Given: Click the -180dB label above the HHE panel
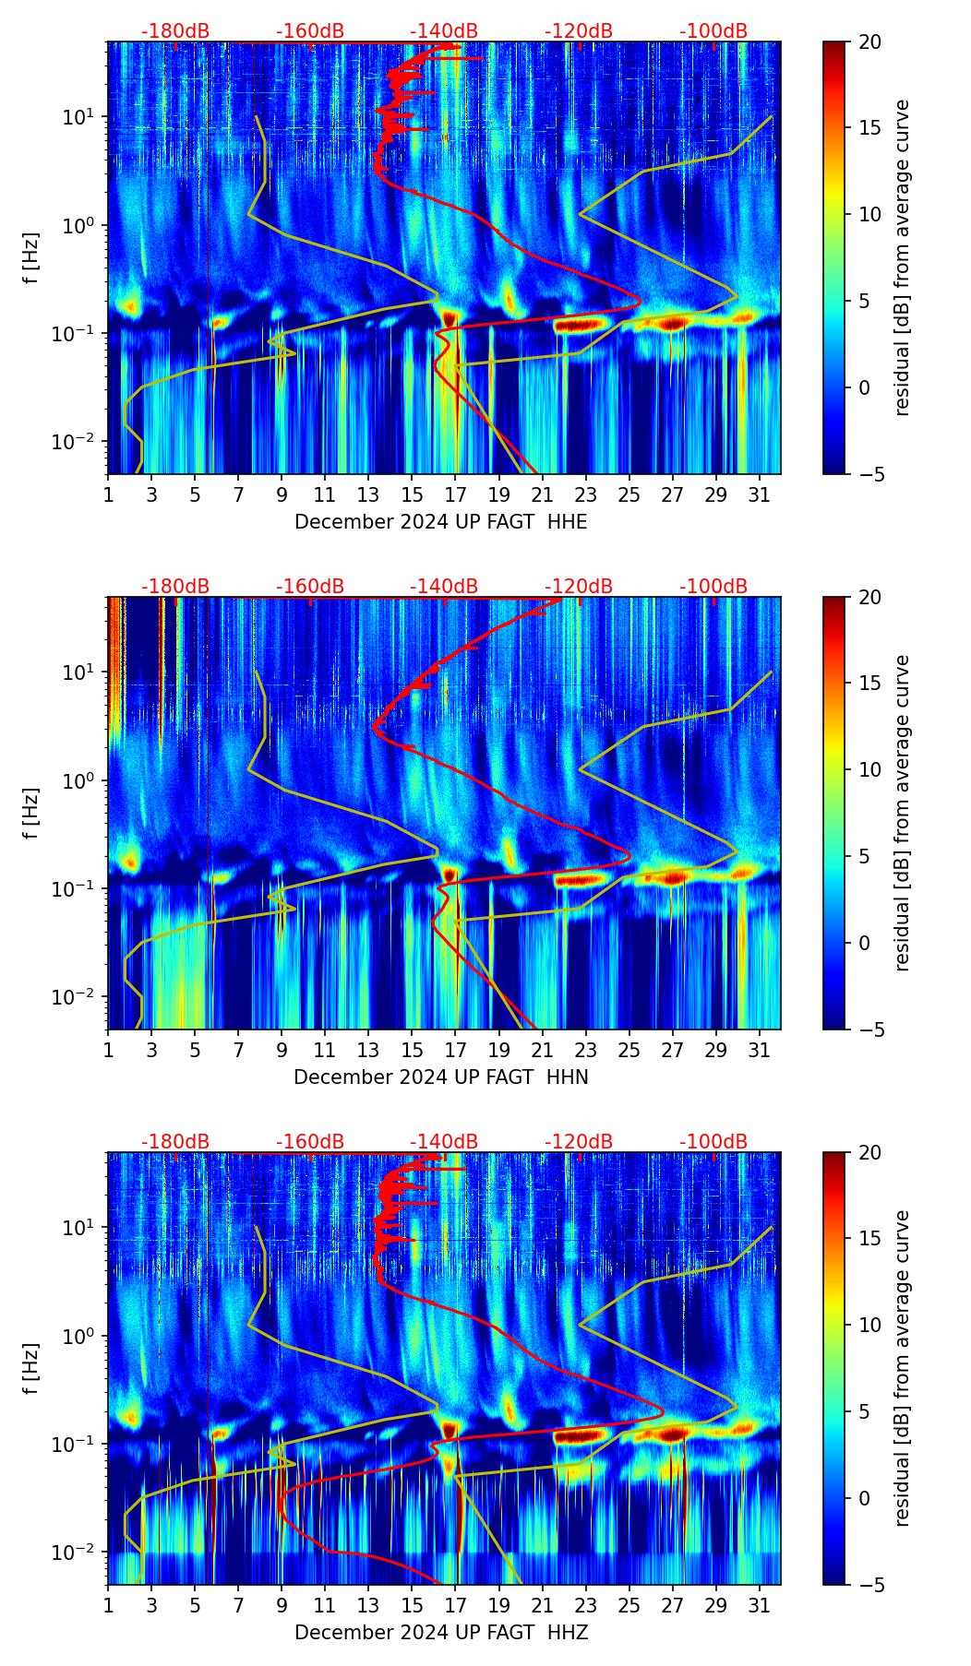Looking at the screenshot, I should click(175, 31).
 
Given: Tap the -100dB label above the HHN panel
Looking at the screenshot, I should click(713, 587).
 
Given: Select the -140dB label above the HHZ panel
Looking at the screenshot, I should click(444, 1142).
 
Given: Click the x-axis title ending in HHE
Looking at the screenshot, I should click(440, 522).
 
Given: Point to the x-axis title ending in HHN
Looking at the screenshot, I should click(440, 1077).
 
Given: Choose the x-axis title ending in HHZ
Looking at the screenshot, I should click(440, 1633).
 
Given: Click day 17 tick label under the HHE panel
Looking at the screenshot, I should click(456, 495).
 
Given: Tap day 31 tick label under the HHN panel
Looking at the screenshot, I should click(760, 1051).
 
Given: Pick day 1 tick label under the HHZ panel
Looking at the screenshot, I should click(109, 1606).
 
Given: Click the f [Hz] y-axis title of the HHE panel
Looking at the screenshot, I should click(32, 258).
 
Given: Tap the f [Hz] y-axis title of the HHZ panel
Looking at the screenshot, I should click(32, 1369).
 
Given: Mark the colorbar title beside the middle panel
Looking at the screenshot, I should click(902, 813).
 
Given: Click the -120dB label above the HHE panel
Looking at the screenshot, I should click(579, 31).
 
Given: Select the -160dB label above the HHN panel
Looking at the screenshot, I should click(310, 587).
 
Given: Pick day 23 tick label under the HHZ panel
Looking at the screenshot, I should click(586, 1606).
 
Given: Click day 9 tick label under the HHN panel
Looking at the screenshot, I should click(282, 1051).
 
